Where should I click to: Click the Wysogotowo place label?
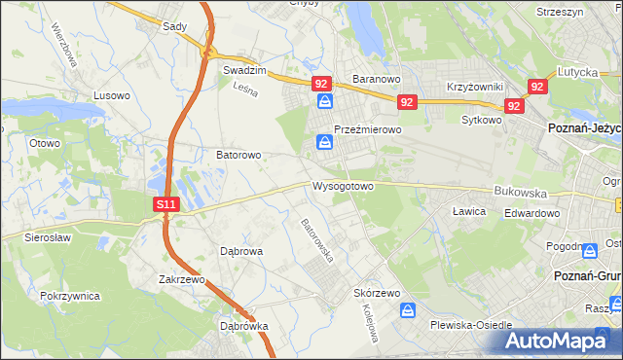tap(343, 186)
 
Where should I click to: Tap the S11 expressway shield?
tap(166, 204)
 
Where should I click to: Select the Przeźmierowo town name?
tap(368, 128)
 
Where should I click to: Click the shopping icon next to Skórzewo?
tap(409, 310)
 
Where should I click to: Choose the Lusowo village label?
tap(111, 95)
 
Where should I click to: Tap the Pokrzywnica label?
tap(72, 294)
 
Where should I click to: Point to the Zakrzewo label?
tap(182, 279)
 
